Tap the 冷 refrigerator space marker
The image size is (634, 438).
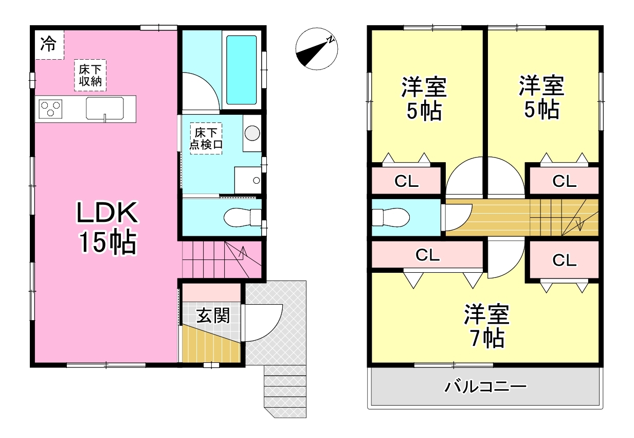[48, 44]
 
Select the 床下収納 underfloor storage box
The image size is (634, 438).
[90, 75]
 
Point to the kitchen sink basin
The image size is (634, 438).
[105, 108]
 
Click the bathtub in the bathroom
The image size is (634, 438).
[242, 69]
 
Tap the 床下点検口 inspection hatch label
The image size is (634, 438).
[206, 138]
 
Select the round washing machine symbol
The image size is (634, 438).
[252, 133]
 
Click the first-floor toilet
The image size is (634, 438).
[243, 218]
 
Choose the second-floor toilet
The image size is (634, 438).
[391, 218]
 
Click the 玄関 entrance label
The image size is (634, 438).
[213, 316]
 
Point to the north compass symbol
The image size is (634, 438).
[316, 49]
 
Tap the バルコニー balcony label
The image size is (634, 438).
[485, 387]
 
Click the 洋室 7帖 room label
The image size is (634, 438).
[486, 326]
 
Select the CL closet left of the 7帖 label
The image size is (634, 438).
[427, 255]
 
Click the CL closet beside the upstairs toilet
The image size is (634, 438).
[406, 181]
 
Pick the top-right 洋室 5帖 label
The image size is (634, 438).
[542, 97]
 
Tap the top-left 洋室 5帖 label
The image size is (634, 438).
[424, 99]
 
